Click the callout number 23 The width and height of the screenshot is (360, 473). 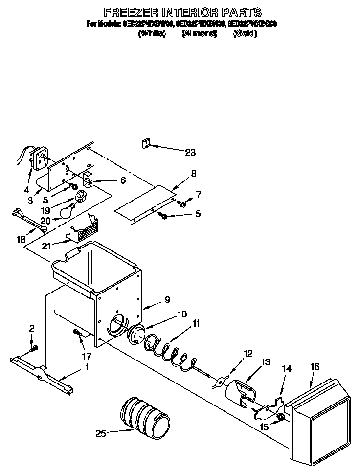click(190, 152)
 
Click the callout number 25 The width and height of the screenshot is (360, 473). click(100, 433)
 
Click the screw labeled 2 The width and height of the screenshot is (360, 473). click(33, 349)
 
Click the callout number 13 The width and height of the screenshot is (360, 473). click(265, 362)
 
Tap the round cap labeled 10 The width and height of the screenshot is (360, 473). click(134, 337)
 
